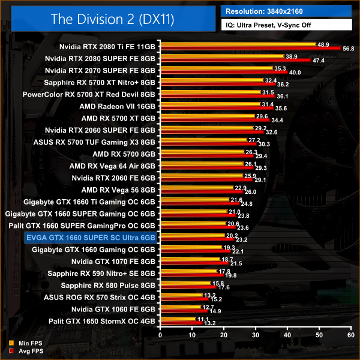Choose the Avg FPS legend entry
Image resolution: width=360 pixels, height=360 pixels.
pos(26,352)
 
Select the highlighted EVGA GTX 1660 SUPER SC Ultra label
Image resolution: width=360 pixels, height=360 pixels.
pos(91,238)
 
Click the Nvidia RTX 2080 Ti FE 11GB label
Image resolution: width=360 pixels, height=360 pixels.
pos(107,46)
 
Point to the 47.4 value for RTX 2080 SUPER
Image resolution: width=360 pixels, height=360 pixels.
pos(319,61)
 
